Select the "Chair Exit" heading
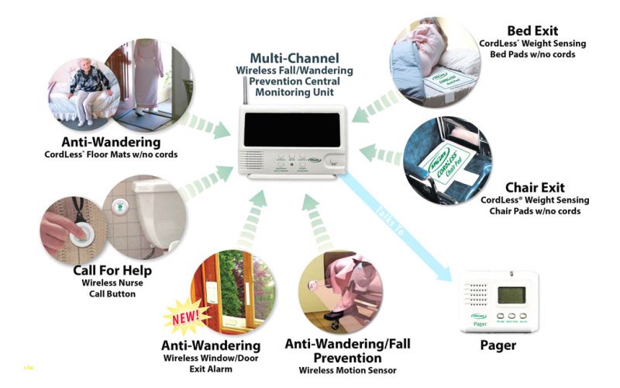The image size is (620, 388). coord(536,188)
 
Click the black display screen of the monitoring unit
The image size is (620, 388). coord(285,135)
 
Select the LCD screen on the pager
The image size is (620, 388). coord(511,295)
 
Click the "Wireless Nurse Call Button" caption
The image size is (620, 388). coord(112,288)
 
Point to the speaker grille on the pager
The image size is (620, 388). coord(477,293)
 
